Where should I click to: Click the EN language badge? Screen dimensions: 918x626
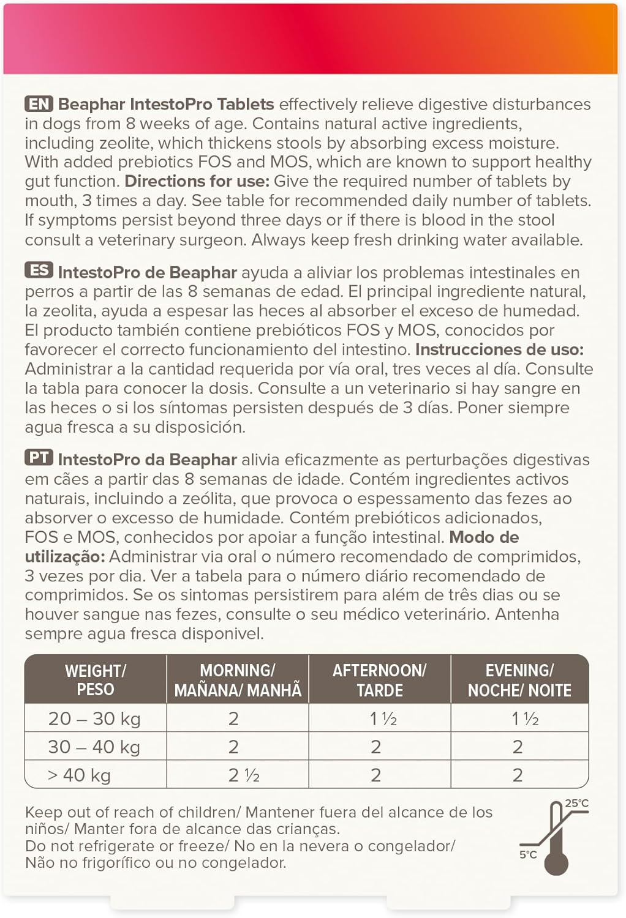coord(39,104)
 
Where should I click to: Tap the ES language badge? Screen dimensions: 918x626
coord(39,271)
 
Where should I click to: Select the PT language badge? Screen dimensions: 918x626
coord(39,458)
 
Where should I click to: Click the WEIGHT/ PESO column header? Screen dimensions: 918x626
coord(96,680)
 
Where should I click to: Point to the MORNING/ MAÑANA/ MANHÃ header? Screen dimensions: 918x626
coord(238,680)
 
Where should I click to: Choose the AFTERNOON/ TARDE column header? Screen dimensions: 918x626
coord(380,680)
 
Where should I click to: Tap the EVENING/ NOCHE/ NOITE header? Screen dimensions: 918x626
coord(519,680)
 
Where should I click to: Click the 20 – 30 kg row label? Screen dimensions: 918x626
coord(94,718)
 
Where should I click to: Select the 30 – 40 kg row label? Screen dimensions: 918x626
coord(94,747)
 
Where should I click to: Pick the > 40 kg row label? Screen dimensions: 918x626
coord(80,775)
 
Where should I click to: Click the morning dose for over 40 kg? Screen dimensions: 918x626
coord(244,775)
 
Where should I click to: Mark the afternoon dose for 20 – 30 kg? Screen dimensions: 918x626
coord(383,718)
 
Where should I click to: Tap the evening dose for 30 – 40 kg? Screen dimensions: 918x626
coord(518,747)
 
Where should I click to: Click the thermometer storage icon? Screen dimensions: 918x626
coord(556,838)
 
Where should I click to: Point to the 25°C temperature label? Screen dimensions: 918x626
coord(576,804)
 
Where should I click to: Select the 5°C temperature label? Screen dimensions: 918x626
coord(528,854)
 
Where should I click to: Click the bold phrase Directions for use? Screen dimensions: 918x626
coord(197,182)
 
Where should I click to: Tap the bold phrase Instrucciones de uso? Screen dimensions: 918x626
coord(499,349)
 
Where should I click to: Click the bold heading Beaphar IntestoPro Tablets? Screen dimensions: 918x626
coord(166,104)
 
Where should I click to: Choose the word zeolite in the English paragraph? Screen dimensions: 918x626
coord(134,143)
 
